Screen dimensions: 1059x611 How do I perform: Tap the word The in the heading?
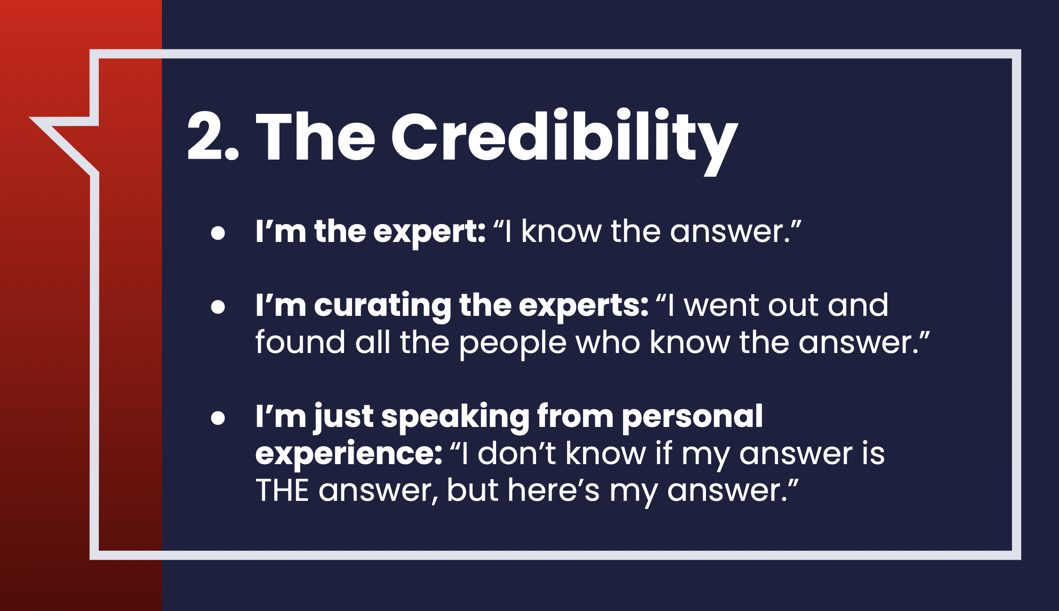[315, 137]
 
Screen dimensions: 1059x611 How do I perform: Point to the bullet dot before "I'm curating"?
[218, 307]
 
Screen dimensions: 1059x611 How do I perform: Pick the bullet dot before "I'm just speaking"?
[218, 418]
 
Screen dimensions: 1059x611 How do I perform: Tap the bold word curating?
[383, 306]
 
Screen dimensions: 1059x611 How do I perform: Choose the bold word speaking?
[456, 418]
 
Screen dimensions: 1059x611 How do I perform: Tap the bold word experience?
[349, 455]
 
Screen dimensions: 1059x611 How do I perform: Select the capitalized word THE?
[282, 490]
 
